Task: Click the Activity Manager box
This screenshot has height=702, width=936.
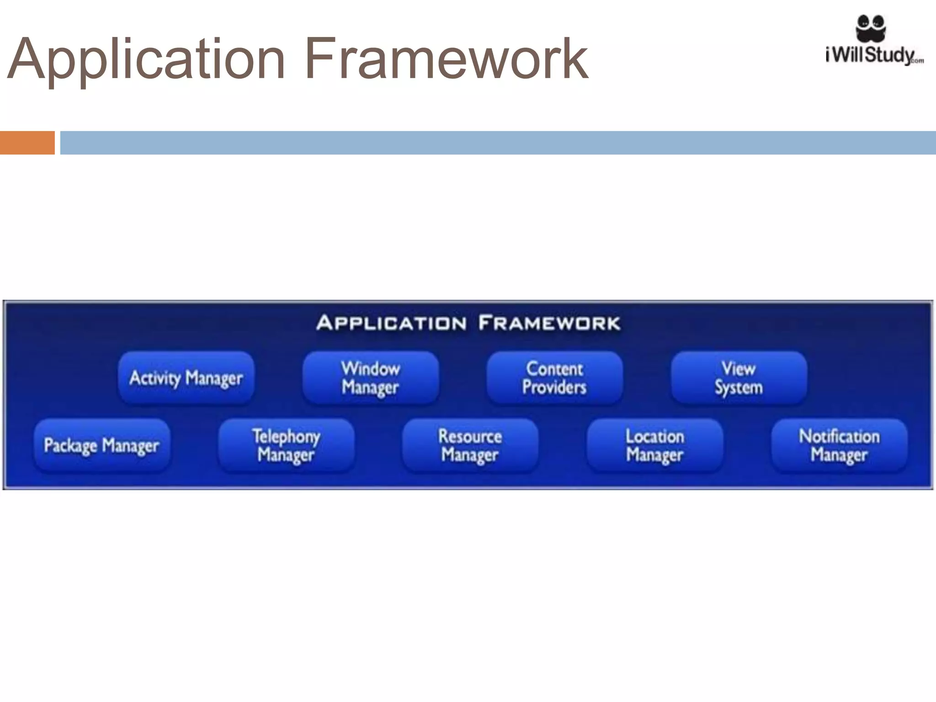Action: [186, 378]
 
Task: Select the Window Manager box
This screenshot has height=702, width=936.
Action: [371, 378]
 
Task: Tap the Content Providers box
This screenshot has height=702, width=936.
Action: [554, 378]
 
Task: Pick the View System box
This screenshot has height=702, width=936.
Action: [739, 378]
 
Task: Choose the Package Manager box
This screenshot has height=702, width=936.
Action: [102, 445]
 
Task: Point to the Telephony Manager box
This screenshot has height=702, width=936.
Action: [286, 445]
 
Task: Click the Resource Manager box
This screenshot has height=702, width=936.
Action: [470, 445]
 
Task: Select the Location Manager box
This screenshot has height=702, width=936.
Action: [654, 445]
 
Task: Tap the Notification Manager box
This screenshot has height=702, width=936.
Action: [839, 445]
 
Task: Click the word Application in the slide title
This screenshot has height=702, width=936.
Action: [146, 59]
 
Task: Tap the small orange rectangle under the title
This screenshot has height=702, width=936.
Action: [27, 143]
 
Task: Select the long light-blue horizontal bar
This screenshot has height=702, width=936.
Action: [498, 143]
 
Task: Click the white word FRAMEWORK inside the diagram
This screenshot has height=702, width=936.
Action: [549, 323]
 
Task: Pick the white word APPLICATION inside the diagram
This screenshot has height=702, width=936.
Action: [391, 323]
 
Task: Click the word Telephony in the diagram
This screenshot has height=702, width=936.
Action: [286, 436]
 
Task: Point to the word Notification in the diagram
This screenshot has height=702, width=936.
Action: [839, 436]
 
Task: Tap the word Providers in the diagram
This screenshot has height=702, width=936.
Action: [554, 388]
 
